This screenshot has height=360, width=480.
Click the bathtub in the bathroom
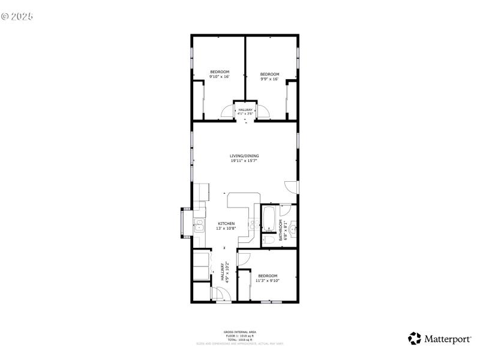pyautogui.click(x=268, y=218)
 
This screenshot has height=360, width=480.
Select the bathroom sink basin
pyautogui.click(x=293, y=227)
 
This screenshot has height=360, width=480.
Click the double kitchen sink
pyautogui.click(x=199, y=226)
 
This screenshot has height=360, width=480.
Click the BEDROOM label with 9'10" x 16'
pyautogui.click(x=219, y=72)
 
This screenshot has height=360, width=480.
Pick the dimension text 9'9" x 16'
pyautogui.click(x=269, y=79)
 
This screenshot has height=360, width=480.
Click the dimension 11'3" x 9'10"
pyautogui.click(x=267, y=280)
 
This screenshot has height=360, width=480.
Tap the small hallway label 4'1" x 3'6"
pyautogui.click(x=245, y=113)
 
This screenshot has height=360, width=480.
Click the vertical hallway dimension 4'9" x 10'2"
pyautogui.click(x=227, y=271)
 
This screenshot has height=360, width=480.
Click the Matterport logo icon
pyautogui.click(x=415, y=338)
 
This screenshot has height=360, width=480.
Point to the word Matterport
pyautogui.click(x=448, y=339)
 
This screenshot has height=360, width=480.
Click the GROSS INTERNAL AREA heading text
pyautogui.click(x=239, y=332)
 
